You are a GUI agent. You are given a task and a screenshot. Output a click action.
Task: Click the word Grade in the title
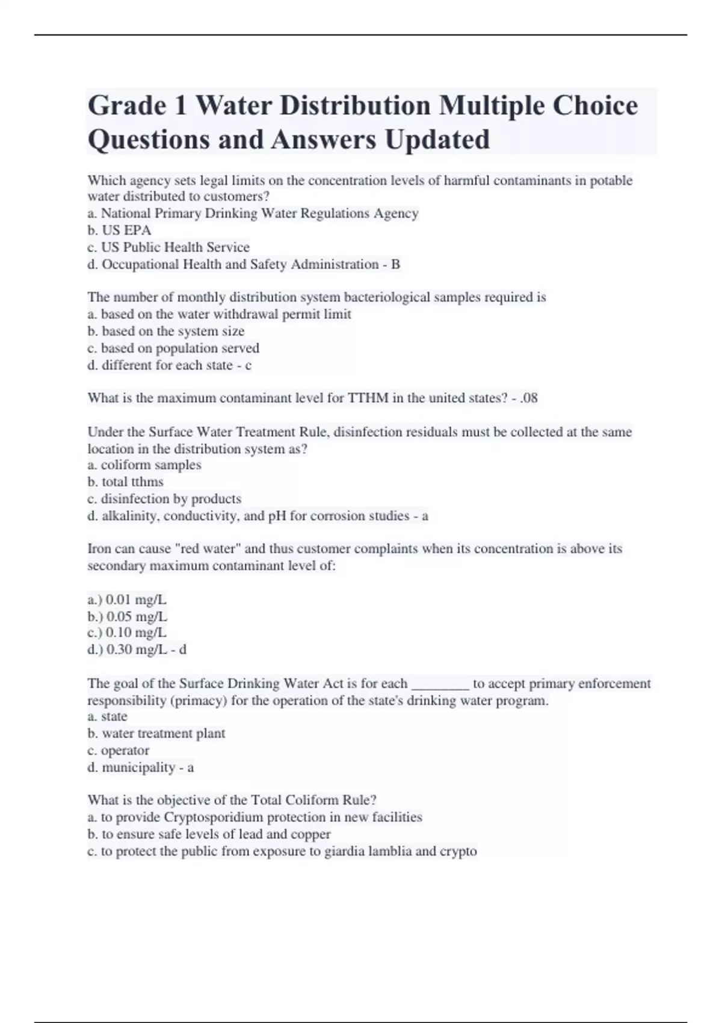(127, 106)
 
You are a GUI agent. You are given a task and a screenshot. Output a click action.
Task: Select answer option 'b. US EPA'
(119, 230)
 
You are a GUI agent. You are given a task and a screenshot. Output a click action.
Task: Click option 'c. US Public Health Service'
(168, 247)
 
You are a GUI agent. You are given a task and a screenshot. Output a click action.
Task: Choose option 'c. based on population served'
(173, 348)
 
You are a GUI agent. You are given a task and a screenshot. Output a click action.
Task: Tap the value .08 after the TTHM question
(529, 398)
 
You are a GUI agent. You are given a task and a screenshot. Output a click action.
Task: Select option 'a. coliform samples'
(144, 465)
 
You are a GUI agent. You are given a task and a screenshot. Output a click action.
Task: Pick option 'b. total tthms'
(125, 482)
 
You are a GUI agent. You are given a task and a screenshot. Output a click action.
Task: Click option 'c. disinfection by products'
(164, 499)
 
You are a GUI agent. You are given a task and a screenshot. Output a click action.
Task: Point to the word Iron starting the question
(99, 549)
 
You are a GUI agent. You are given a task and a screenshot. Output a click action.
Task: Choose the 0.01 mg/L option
(127, 599)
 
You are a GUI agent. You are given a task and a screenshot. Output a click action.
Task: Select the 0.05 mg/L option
(128, 616)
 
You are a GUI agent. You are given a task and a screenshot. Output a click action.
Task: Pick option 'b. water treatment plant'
(156, 734)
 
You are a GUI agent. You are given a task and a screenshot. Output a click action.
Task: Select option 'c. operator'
(119, 750)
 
